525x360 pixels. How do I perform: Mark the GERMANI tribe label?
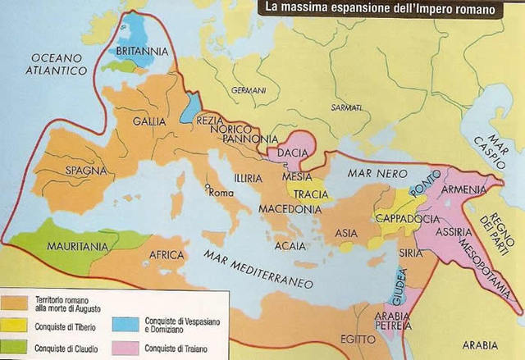[x=249, y=89]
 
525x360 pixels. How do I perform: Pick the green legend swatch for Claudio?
[x=14, y=346]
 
